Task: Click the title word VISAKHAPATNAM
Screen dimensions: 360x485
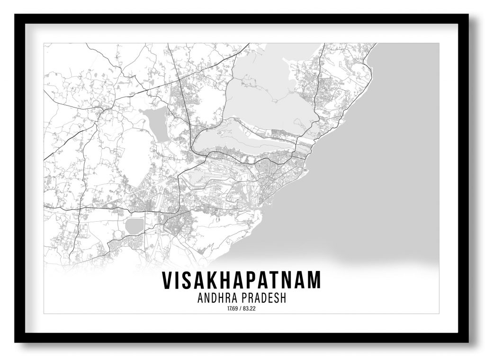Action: [241, 280]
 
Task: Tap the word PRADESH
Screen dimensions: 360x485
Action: [266, 299]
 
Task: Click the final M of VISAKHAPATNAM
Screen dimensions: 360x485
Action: [313, 280]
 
